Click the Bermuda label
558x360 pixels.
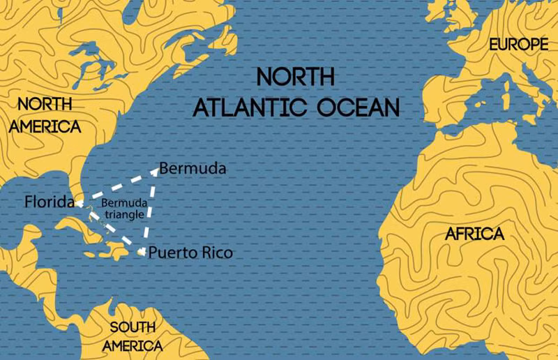[192, 169]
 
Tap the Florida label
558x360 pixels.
[49, 202]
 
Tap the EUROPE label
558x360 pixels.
[517, 45]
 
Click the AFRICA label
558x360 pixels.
[474, 234]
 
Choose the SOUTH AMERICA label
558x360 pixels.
[133, 336]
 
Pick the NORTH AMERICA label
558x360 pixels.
[45, 115]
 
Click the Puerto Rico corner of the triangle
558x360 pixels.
[142, 252]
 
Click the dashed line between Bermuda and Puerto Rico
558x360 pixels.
[148, 209]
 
